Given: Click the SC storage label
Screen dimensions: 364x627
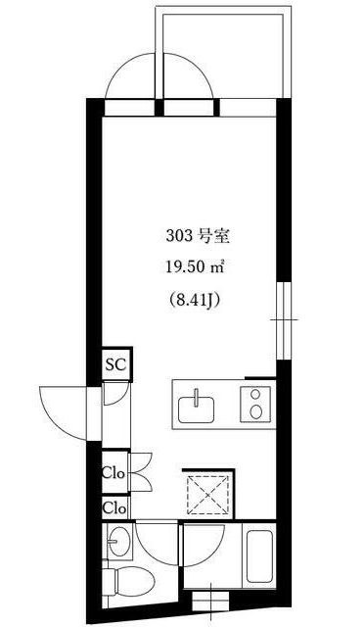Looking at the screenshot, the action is coord(115,364).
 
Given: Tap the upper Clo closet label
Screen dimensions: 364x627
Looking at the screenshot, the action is coord(114,473).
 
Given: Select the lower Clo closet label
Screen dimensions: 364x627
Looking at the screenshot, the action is coord(114,508).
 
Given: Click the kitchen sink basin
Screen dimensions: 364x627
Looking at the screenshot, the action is coord(196,410).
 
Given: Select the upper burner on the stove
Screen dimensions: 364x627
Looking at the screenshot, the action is coord(255,394).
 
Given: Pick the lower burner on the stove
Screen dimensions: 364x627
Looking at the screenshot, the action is coord(255,411).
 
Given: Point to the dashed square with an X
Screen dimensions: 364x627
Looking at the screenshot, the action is coord(208,495).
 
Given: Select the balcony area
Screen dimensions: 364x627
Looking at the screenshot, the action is coord(223,52).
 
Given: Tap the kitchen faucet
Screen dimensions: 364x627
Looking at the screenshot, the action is coord(196,398).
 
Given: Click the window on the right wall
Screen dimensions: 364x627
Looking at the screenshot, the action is coord(284,320).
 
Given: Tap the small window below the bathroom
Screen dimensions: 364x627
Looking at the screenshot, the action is coord(210,601).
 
